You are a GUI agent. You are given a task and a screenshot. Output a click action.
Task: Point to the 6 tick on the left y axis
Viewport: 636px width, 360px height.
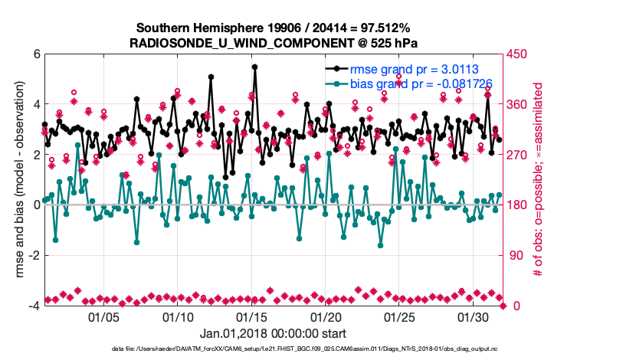pos(36,54)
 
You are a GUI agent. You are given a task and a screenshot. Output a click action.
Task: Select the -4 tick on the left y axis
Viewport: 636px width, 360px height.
pos(34,306)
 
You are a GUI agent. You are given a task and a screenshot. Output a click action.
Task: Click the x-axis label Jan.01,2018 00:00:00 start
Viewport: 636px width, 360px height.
pos(274,333)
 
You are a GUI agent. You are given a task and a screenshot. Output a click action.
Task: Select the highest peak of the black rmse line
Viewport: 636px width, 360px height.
pos(254,67)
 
